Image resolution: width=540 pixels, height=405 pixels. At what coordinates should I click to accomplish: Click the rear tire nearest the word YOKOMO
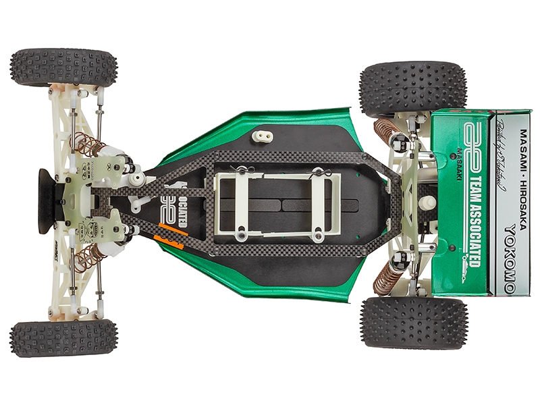(x=413, y=322)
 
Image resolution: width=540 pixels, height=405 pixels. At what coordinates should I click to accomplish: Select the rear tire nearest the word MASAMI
(x=413, y=88)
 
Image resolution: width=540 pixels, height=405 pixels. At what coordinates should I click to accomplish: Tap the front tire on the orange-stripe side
(x=63, y=338)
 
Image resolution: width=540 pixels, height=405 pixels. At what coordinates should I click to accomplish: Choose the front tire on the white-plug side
(x=63, y=67)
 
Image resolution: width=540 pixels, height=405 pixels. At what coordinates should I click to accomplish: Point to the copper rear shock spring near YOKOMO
(x=388, y=277)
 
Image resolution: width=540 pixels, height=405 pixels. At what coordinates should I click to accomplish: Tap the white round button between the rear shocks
(x=427, y=202)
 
